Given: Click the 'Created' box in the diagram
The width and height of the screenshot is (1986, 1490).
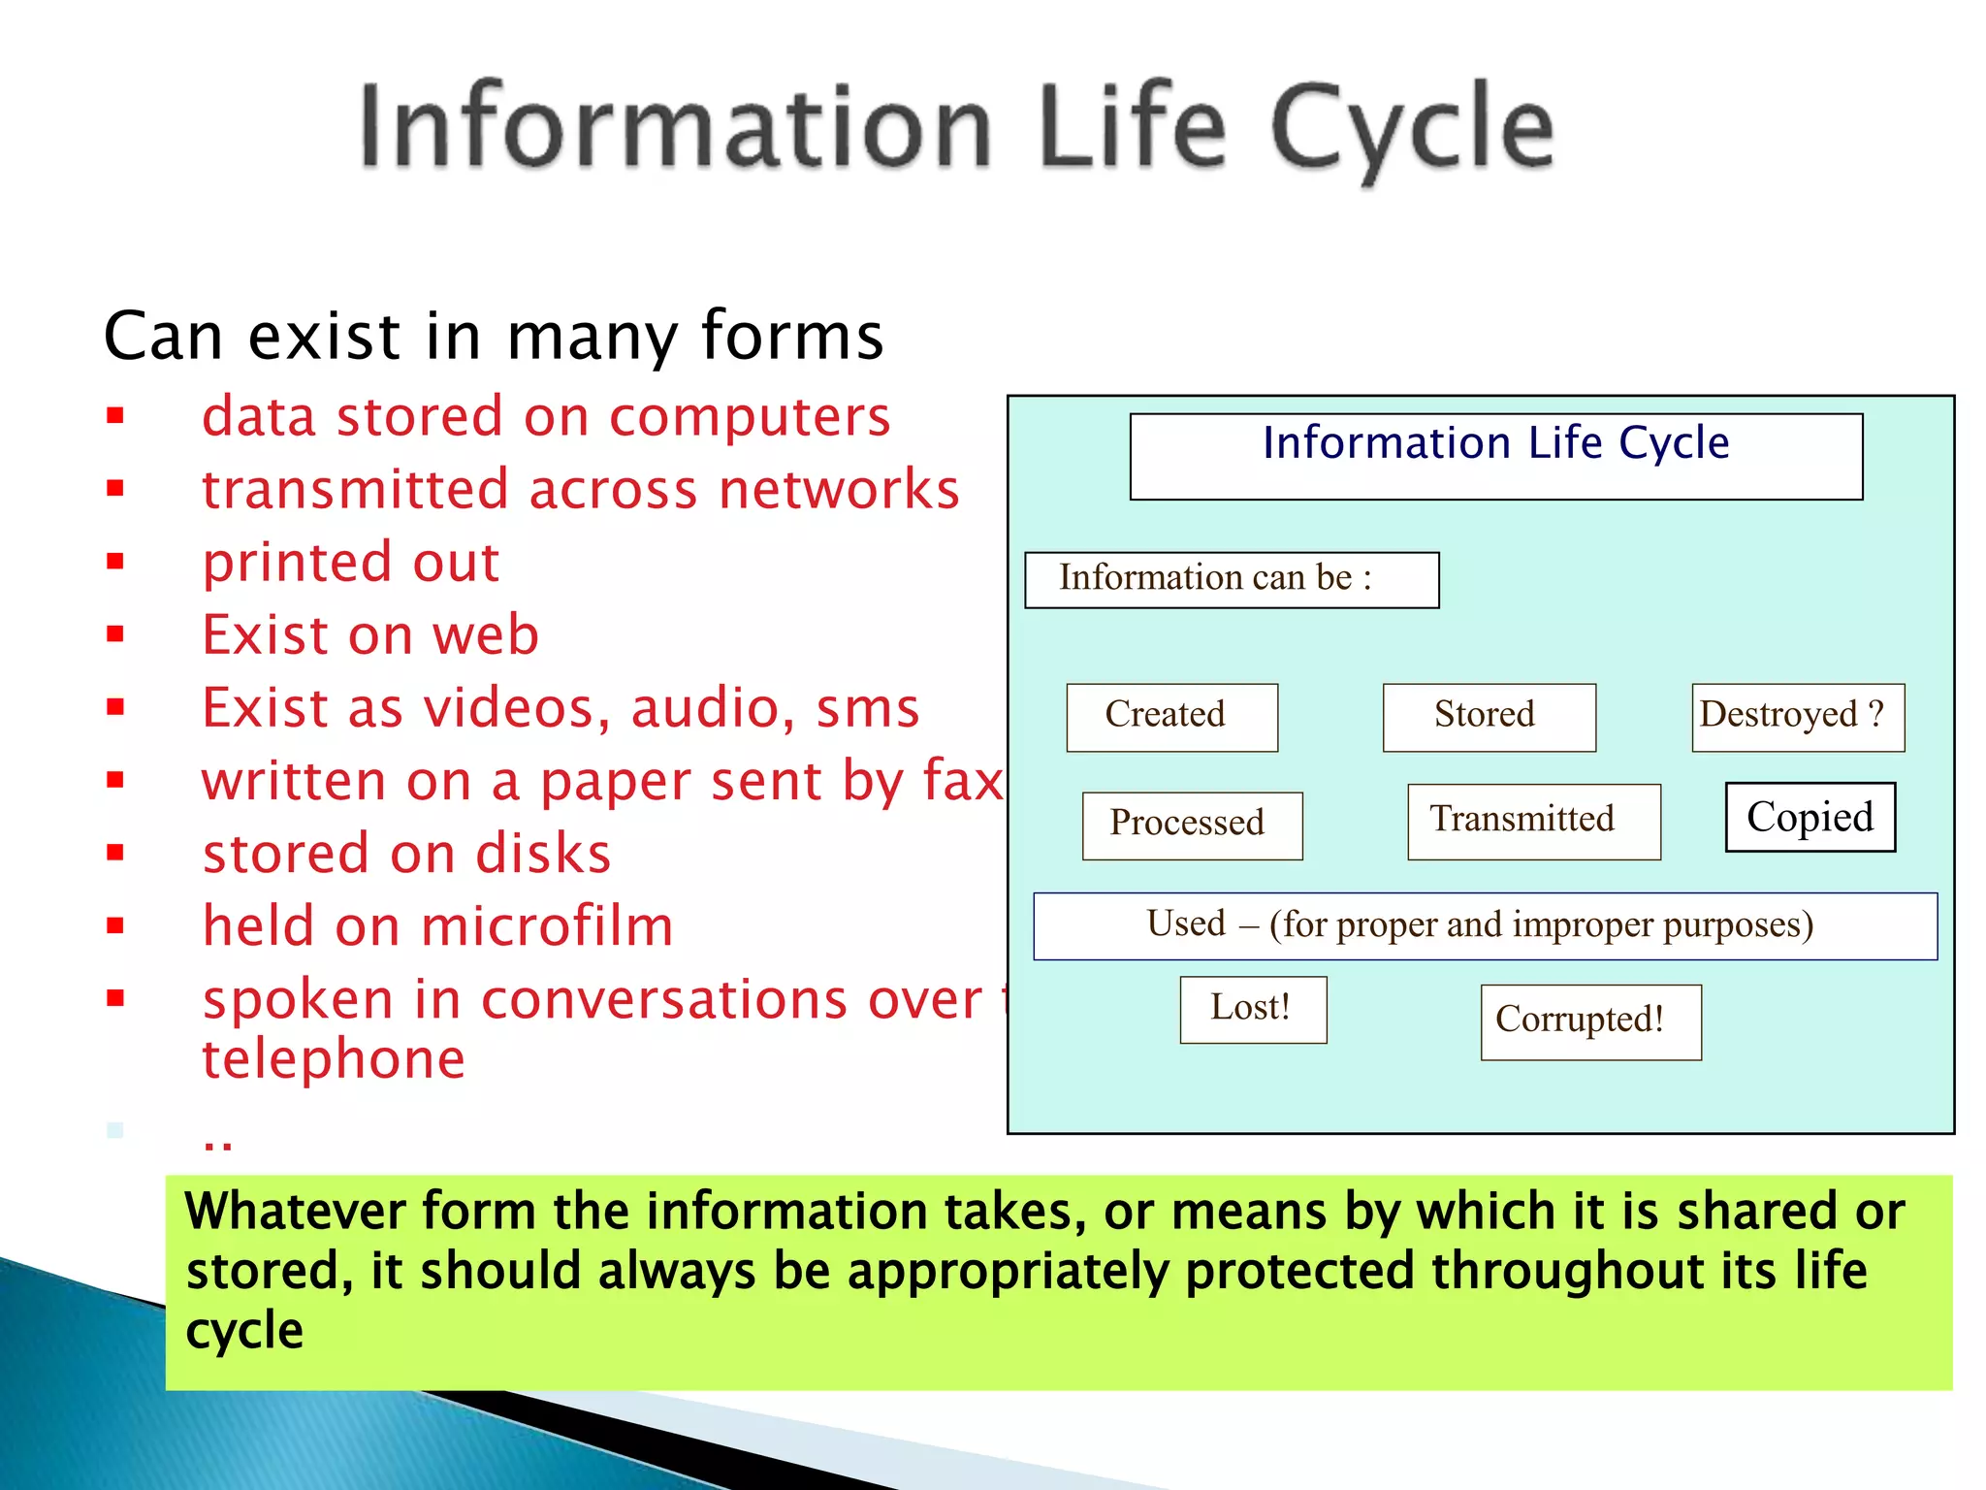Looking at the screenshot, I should [x=1171, y=717].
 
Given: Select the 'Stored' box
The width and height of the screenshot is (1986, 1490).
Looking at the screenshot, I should [x=1489, y=717].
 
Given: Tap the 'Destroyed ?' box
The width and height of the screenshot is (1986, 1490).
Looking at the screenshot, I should [x=1798, y=717].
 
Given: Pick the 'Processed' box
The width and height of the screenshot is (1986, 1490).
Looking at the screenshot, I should [x=1192, y=826].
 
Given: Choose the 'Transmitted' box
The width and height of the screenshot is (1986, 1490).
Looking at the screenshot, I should [x=1533, y=821].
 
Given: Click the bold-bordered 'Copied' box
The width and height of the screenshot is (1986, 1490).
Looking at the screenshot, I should [x=1810, y=817].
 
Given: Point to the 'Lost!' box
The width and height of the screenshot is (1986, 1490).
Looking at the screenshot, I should [x=1253, y=1009].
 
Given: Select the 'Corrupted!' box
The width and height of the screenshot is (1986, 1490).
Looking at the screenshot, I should [x=1590, y=1021].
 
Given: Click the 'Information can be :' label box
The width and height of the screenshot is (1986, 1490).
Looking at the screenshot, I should [x=1231, y=580].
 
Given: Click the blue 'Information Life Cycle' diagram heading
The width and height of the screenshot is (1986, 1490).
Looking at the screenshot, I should [x=1495, y=444].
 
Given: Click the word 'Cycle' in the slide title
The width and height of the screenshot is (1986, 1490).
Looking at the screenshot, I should [x=1411, y=128].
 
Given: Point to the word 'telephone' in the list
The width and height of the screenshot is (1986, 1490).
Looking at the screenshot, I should [x=334, y=1058].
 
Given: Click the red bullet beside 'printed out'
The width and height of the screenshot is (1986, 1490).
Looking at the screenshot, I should [x=116, y=561].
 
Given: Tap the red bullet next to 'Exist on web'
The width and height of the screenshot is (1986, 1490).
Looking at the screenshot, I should [x=116, y=634].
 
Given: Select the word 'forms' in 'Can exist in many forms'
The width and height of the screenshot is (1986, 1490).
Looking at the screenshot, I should [x=792, y=336].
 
